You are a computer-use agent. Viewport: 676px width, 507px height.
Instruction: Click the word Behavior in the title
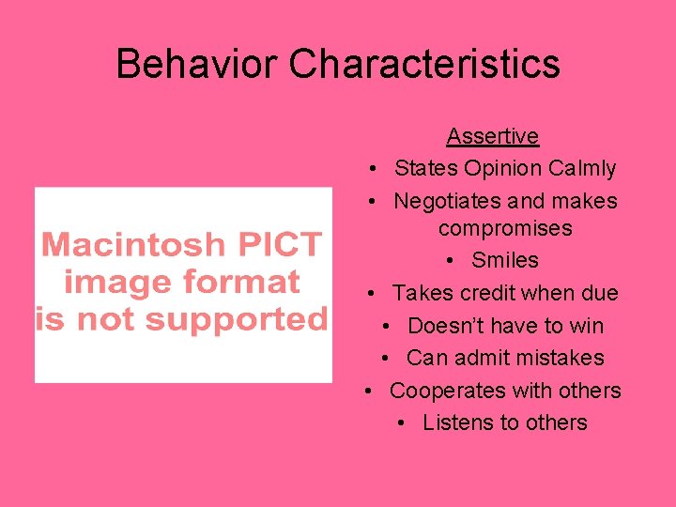pyautogui.click(x=197, y=64)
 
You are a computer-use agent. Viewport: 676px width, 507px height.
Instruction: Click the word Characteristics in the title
pyautogui.click(x=424, y=64)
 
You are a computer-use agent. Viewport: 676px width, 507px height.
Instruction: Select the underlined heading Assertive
pyautogui.click(x=492, y=136)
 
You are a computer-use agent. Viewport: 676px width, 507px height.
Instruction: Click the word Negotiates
pyautogui.click(x=446, y=201)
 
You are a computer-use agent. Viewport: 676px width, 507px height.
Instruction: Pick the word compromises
pyautogui.click(x=505, y=228)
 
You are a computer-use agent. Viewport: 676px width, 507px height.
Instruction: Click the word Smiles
pyautogui.click(x=505, y=260)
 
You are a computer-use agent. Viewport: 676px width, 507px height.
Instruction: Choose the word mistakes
pyautogui.click(x=557, y=358)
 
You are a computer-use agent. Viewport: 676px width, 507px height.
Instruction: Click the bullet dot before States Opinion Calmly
pyautogui.click(x=374, y=170)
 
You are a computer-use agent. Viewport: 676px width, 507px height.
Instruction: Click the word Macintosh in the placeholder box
pyautogui.click(x=131, y=245)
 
